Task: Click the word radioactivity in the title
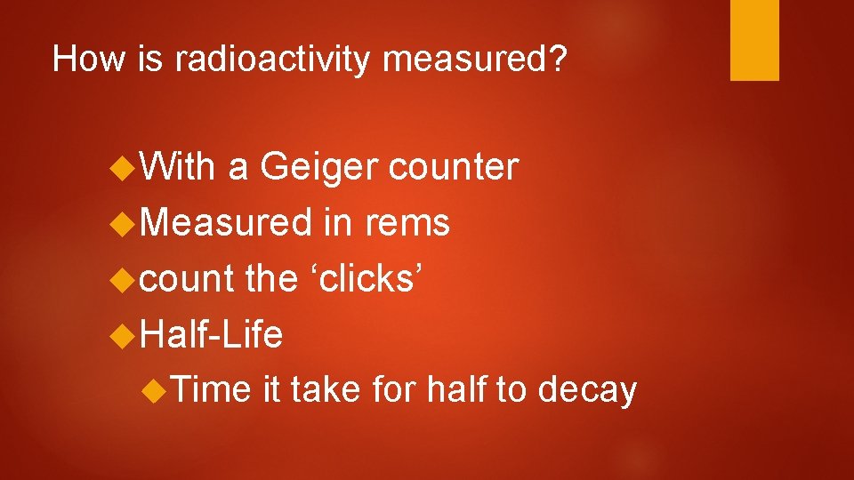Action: tap(271, 60)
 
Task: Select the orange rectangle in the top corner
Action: tap(754, 40)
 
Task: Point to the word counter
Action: tap(454, 166)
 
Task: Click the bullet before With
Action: tap(125, 167)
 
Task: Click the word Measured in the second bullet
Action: tap(227, 222)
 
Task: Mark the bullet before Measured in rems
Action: tap(125, 223)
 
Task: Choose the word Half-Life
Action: tap(212, 334)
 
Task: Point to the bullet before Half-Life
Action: tap(125, 335)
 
